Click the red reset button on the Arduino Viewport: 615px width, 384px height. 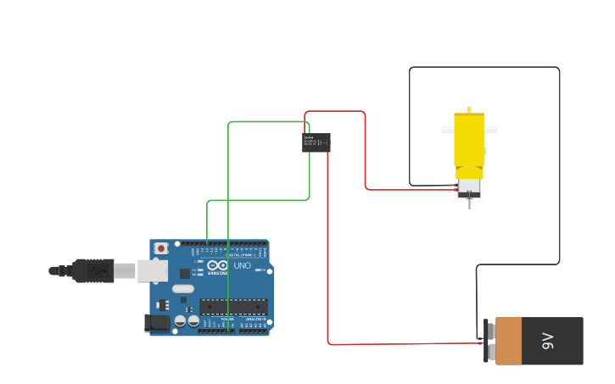pyautogui.click(x=160, y=248)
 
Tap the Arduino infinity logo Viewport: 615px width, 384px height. pyautogui.click(x=216, y=266)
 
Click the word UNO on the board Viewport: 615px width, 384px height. pyautogui.click(x=243, y=266)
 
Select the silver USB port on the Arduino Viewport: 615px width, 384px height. pyautogui.click(x=153, y=270)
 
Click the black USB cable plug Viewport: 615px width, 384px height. pyautogui.click(x=92, y=270)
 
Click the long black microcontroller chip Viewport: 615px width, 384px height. pyautogui.click(x=233, y=306)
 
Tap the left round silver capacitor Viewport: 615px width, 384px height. pyautogui.click(x=180, y=321)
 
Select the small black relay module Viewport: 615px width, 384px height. pyautogui.click(x=316, y=142)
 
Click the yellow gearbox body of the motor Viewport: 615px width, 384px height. pyautogui.click(x=469, y=140)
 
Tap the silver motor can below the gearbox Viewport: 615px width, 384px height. pyautogui.click(x=469, y=186)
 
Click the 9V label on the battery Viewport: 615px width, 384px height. pyautogui.click(x=548, y=341)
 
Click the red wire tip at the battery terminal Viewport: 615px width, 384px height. pyautogui.click(x=481, y=343)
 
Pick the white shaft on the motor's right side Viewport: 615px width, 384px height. pyautogui.click(x=490, y=130)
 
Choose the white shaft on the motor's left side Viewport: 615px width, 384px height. pyautogui.click(x=447, y=130)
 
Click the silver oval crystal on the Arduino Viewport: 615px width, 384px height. pyautogui.click(x=183, y=288)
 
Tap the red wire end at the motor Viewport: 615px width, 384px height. pyautogui.click(x=458, y=190)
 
